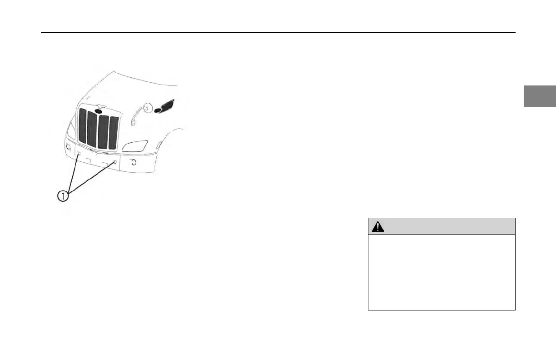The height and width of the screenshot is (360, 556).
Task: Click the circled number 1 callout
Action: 64,197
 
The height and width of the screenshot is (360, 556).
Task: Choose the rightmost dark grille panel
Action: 114,134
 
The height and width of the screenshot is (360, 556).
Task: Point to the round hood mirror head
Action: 147,108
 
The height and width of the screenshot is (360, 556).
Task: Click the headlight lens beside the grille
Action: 135,146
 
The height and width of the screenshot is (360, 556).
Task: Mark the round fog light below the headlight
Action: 134,163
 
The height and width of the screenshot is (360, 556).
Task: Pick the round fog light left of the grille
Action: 68,147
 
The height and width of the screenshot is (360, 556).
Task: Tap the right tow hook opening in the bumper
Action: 115,162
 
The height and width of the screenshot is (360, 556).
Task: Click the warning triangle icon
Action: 378,226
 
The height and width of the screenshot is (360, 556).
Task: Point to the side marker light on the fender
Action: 159,145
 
